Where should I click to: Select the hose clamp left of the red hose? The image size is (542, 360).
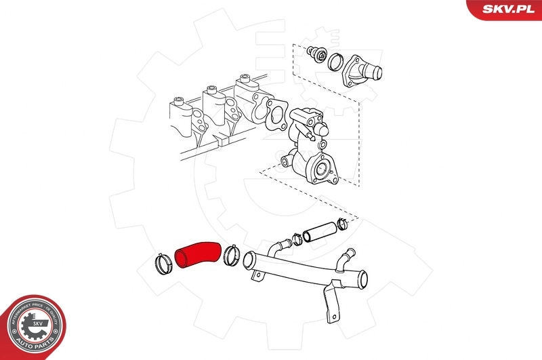pyautogui.click(x=163, y=264)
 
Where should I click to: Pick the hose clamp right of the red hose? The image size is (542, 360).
pyautogui.click(x=230, y=254)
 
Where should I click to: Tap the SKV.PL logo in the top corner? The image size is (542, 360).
pyautogui.click(x=509, y=9)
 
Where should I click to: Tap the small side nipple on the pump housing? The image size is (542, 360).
pyautogui.click(x=286, y=161)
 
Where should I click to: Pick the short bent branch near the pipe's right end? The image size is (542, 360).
pyautogui.click(x=348, y=258)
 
